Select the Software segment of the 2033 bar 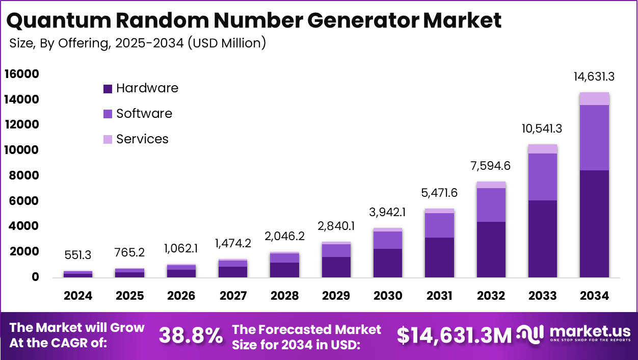coord(543,176)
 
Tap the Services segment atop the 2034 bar coord(594,98)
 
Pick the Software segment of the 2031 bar coord(439,225)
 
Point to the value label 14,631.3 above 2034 coord(594,77)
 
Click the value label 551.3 coord(78,255)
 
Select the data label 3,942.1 coord(387,212)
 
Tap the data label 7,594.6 coord(491,166)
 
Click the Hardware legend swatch coord(108,89)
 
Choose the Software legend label coord(144,113)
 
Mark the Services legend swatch coord(108,139)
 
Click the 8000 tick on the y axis coord(24,176)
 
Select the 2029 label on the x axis coord(336,296)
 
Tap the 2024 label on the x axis coord(78,296)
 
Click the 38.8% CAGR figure coord(191,336)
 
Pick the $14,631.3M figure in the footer coord(454,336)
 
